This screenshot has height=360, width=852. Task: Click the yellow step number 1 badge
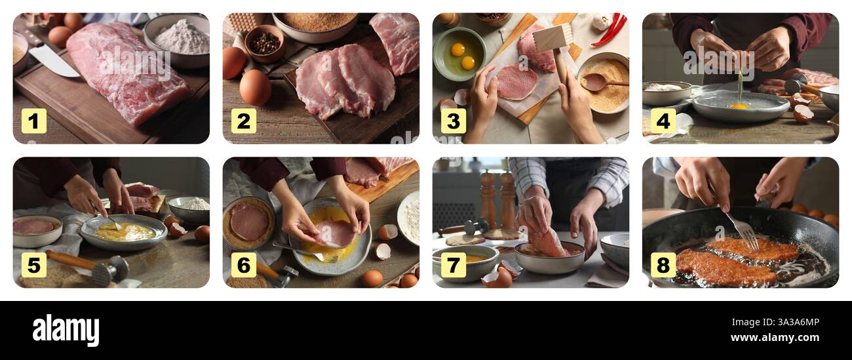click(x=34, y=121)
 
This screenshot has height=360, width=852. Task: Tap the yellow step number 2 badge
click(x=243, y=121)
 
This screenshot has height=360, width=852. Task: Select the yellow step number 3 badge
click(x=453, y=121)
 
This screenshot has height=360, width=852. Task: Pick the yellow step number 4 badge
click(x=663, y=121)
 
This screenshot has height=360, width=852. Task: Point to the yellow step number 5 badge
click(x=34, y=265)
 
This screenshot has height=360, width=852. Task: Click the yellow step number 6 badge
click(x=243, y=265)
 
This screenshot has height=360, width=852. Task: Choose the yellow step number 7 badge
click(x=453, y=265)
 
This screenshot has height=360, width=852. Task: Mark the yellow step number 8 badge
click(x=663, y=265)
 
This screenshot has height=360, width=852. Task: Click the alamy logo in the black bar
click(x=66, y=330)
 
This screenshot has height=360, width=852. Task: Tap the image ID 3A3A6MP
click(x=786, y=322)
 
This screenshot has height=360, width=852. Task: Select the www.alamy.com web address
click(x=776, y=338)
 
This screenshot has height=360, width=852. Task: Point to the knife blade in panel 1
click(x=52, y=60)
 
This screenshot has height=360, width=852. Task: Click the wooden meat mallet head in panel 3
click(x=552, y=37)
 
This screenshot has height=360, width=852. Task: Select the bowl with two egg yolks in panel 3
click(x=459, y=54)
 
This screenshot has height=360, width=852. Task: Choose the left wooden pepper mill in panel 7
click(x=488, y=199)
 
